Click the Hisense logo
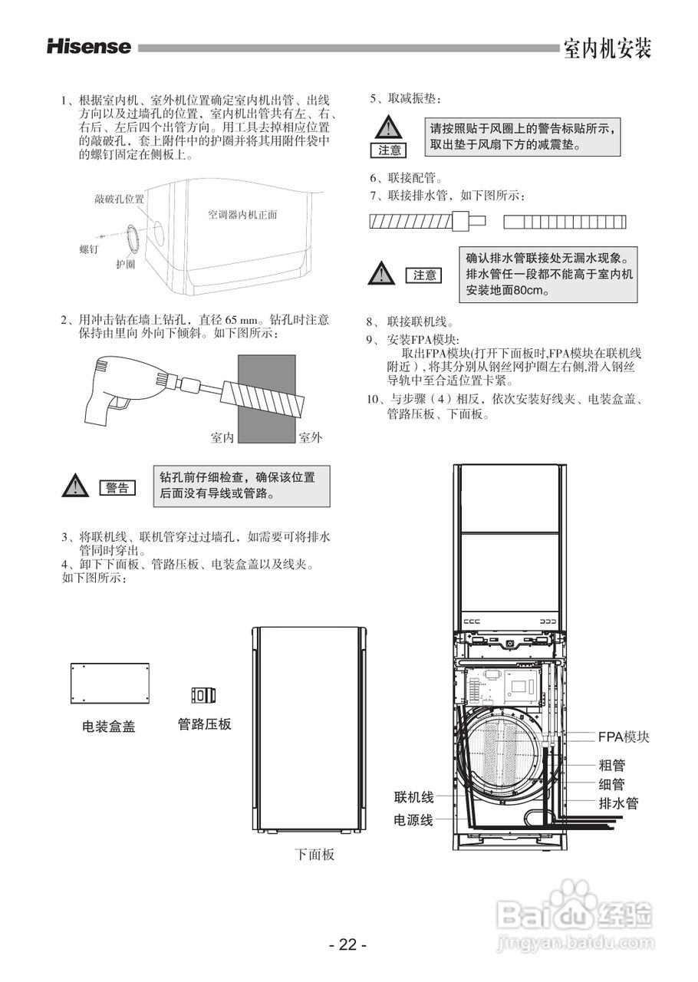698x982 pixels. [x=89, y=47]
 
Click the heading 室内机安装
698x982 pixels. [x=607, y=48]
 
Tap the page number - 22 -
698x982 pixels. [x=348, y=944]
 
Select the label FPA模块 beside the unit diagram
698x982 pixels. [x=624, y=736]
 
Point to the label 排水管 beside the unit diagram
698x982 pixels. [x=618, y=804]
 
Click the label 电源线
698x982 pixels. [x=413, y=820]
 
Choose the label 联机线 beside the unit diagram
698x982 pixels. [x=413, y=798]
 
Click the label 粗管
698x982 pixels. [x=611, y=765]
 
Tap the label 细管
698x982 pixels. [x=611, y=784]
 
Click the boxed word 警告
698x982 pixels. [x=117, y=488]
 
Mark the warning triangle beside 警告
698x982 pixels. [x=76, y=486]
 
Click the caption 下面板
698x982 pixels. [x=314, y=854]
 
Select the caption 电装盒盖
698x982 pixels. [x=109, y=727]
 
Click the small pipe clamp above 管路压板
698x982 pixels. [x=203, y=695]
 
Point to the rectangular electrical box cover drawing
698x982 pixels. [x=109, y=683]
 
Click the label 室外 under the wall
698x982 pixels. [x=310, y=437]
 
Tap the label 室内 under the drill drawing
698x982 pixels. [x=222, y=437]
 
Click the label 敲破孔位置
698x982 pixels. [x=119, y=199]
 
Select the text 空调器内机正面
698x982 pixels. [x=242, y=215]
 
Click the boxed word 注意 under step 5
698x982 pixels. [x=390, y=150]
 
